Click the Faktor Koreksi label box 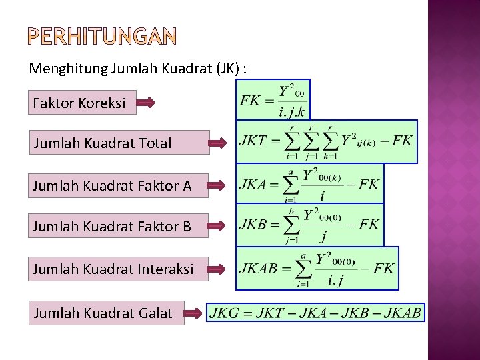pyautogui.click(x=82, y=103)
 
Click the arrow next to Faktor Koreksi pyautogui.click(x=146, y=103)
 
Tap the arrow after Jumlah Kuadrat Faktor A pyautogui.click(x=218, y=186)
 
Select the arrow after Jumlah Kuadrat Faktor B pyautogui.click(x=218, y=227)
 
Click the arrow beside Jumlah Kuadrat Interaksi pyautogui.click(x=218, y=269)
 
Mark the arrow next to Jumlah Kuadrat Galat pyautogui.click(x=193, y=312)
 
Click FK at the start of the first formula pyautogui.click(x=250, y=101)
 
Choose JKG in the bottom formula pyautogui.click(x=225, y=312)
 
